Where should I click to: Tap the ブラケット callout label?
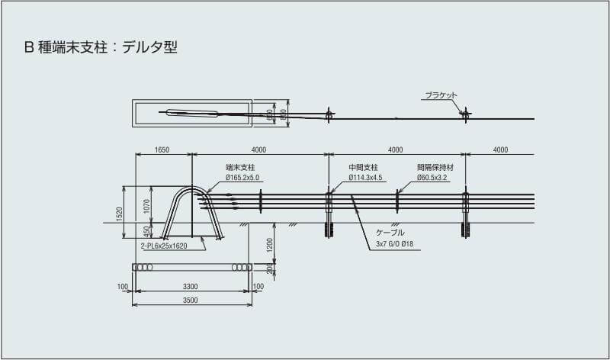coord(441,95)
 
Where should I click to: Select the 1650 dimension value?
coord(162,150)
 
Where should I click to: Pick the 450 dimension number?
coord(147,231)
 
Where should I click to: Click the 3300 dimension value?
coord(191,287)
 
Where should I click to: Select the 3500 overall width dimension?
coord(191,301)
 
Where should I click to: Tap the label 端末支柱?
coord(240,168)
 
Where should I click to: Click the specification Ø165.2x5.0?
coord(243,177)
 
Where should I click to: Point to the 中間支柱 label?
coord(364,168)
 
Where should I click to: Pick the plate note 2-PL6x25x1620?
coord(163,246)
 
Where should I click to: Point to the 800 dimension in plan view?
coord(283,114)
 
